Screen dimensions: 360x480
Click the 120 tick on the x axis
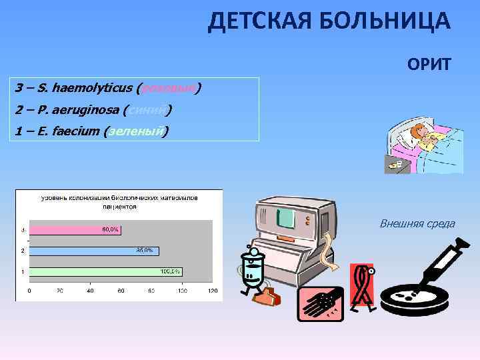(x=213, y=291)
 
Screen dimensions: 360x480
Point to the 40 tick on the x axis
(x=90, y=291)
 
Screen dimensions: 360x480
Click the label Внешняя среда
(x=417, y=223)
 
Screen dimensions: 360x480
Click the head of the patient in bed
(x=421, y=132)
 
